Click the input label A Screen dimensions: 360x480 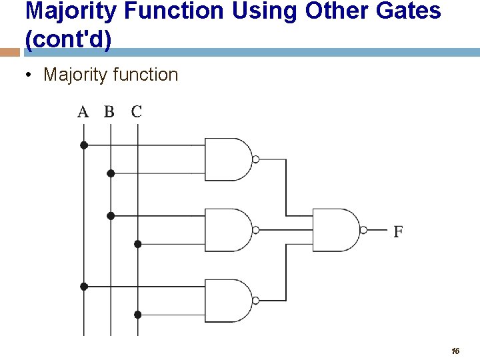click(83, 112)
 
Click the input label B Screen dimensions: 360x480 click(109, 112)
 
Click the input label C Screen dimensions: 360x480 click(137, 112)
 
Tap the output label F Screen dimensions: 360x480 click(398, 232)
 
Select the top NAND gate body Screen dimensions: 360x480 click(227, 159)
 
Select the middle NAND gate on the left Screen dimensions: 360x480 click(227, 230)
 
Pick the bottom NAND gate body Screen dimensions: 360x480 click(227, 301)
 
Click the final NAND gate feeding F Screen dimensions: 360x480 click(335, 230)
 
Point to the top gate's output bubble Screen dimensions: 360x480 click(256, 159)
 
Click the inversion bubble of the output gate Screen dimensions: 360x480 click(364, 230)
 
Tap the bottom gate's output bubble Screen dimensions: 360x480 click(256, 301)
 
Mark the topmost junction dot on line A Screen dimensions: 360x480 click(84, 145)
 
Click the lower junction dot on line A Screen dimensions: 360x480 click(84, 286)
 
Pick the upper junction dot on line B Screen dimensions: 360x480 click(111, 173)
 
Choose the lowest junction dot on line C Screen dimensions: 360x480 click(138, 315)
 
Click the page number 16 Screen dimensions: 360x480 click(455, 351)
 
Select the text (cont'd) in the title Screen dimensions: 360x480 click(68, 40)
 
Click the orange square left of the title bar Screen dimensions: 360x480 click(9, 52)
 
